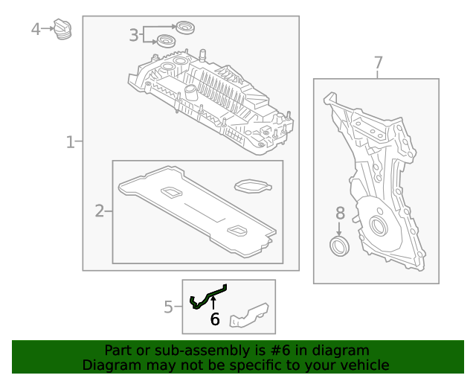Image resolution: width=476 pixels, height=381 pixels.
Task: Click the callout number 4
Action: click(36, 29)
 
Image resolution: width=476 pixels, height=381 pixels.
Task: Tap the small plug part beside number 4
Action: click(64, 31)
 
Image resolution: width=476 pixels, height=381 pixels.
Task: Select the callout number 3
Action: click(134, 34)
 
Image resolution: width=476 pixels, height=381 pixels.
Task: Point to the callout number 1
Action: click(71, 141)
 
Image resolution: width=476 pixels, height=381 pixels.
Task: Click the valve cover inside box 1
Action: click(212, 100)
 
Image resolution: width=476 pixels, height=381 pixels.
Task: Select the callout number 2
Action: click(100, 211)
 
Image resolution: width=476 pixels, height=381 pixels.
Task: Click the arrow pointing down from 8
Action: click(340, 228)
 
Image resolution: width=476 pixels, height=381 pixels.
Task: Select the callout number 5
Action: click(168, 307)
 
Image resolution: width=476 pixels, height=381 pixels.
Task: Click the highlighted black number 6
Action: click(215, 320)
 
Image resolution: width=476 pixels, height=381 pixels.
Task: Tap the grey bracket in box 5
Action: click(248, 316)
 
